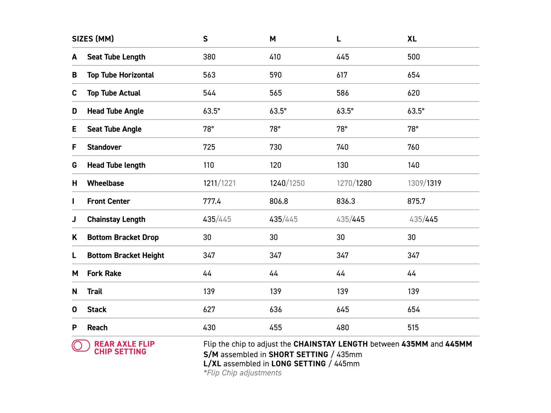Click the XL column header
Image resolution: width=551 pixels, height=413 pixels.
coord(412,39)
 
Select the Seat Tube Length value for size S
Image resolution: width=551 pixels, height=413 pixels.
coord(209,57)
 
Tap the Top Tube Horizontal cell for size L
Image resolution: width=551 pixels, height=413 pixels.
coord(342,75)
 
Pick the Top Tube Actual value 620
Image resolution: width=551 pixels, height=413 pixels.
coord(413,93)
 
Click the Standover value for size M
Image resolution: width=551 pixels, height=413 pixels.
coord(275,147)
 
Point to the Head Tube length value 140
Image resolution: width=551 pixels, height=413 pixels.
coord(413,165)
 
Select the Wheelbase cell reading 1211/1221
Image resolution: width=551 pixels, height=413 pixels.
coord(219,183)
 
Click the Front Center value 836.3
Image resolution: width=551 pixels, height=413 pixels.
coord(345,201)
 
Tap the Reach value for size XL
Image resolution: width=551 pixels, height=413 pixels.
coord(413,328)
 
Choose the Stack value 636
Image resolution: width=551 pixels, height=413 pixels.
coord(275,309)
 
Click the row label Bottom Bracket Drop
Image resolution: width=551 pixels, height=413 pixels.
coord(123,237)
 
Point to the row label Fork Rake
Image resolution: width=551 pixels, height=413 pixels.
coord(104,274)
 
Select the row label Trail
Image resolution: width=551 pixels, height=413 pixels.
coord(94,292)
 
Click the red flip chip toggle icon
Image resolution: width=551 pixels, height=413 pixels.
coord(81,346)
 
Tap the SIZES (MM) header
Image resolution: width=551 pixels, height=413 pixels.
coord(93,39)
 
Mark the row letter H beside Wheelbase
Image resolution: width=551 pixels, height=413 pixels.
coord(74,183)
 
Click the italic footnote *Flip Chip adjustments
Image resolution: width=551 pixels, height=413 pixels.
coord(242,373)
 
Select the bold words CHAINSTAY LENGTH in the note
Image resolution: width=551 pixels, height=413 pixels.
coord(330,344)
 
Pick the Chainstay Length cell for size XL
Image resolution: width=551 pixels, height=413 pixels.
coord(423,219)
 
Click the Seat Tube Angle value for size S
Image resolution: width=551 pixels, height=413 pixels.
coord(208,129)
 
